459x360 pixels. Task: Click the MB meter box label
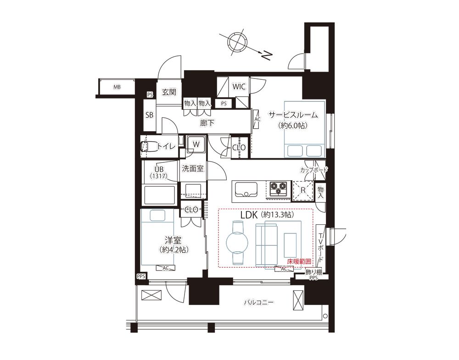[x=117, y=87]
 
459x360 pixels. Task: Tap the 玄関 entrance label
[x=169, y=93]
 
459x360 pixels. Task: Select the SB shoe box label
[x=149, y=115]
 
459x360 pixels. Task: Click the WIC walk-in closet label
[x=239, y=87]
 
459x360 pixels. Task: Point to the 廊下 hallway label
[x=207, y=123]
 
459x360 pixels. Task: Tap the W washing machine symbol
[x=196, y=144]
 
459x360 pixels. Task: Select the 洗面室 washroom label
[x=193, y=168]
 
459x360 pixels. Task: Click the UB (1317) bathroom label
[x=159, y=172]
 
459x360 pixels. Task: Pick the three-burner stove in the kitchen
[x=278, y=188]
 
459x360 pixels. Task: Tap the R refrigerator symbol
[x=303, y=190]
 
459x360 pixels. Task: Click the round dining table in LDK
[x=237, y=243]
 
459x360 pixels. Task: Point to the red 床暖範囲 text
[x=299, y=261]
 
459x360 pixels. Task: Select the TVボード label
[x=320, y=247]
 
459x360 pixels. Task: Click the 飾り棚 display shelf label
[x=313, y=272]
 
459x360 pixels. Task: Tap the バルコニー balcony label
[x=259, y=302]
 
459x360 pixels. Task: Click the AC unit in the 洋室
[x=165, y=268]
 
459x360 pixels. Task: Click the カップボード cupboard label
[x=314, y=170]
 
